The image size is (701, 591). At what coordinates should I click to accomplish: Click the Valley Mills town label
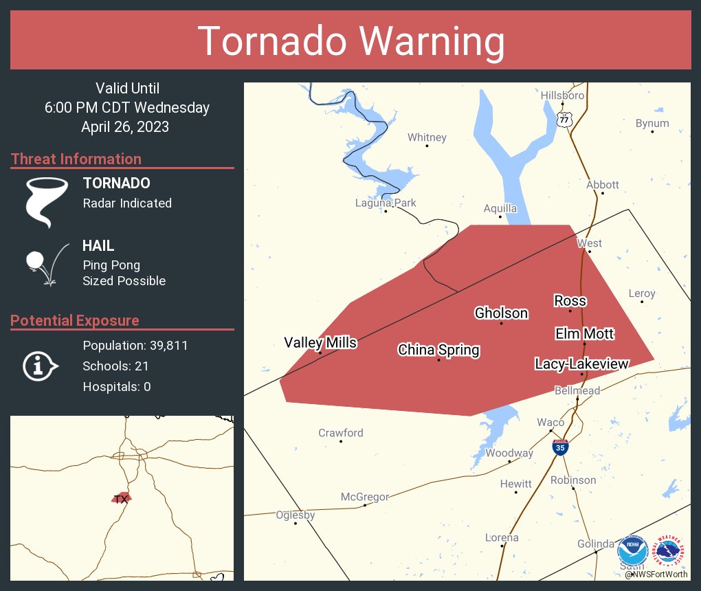pos(320,342)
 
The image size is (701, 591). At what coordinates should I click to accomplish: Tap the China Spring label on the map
pos(438,350)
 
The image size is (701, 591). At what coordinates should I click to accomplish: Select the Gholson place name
pos(501,313)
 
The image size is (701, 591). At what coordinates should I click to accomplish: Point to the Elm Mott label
pos(584,334)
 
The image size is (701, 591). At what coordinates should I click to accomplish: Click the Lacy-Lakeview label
pos(582,364)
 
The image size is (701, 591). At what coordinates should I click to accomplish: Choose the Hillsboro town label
pos(562,96)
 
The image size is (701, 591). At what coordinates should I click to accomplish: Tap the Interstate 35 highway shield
pos(560,447)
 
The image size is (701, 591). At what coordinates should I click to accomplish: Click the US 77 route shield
pos(564,119)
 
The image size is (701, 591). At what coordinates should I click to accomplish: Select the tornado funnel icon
pos(46,201)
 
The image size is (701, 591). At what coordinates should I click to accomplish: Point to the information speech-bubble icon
pos(40,366)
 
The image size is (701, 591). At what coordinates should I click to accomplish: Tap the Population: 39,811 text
pos(135,345)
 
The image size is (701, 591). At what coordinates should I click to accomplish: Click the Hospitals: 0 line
pos(117,386)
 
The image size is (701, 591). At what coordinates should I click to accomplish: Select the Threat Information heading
pos(76,159)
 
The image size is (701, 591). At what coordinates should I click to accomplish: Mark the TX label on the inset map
pos(121,499)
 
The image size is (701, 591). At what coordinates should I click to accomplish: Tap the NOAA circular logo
pos(632,551)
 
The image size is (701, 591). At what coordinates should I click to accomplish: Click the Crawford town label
pos(341,433)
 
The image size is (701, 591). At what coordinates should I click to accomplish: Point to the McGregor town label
pos(365,497)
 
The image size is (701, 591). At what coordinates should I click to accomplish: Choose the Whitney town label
pos(427,137)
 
